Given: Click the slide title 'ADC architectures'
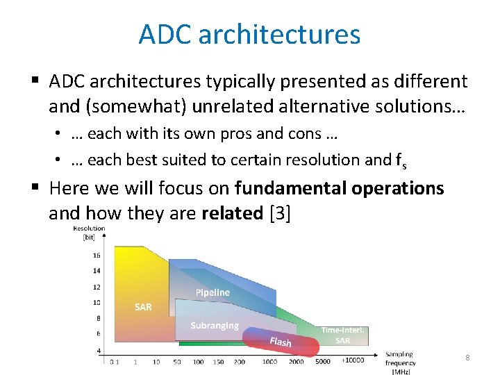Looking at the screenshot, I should click(249, 34).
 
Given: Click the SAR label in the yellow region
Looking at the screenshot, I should click(143, 307).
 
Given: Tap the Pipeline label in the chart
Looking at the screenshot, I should click(212, 292).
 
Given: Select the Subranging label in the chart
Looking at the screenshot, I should click(215, 325).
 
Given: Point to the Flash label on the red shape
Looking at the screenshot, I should click(280, 341).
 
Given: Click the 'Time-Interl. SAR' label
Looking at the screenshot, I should click(343, 335).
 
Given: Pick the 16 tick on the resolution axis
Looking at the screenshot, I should click(97, 255).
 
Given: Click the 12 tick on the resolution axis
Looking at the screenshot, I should click(97, 287).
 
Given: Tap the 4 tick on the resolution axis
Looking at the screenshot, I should click(98, 350).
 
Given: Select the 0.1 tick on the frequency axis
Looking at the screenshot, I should click(114, 362).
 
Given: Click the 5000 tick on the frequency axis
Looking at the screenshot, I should click(323, 362).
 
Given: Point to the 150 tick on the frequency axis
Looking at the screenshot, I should click(219, 362).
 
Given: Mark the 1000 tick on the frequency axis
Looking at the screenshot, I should click(270, 362).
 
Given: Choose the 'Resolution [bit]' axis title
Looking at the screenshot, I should click(89, 233).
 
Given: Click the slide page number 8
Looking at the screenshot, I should click(467, 357).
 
